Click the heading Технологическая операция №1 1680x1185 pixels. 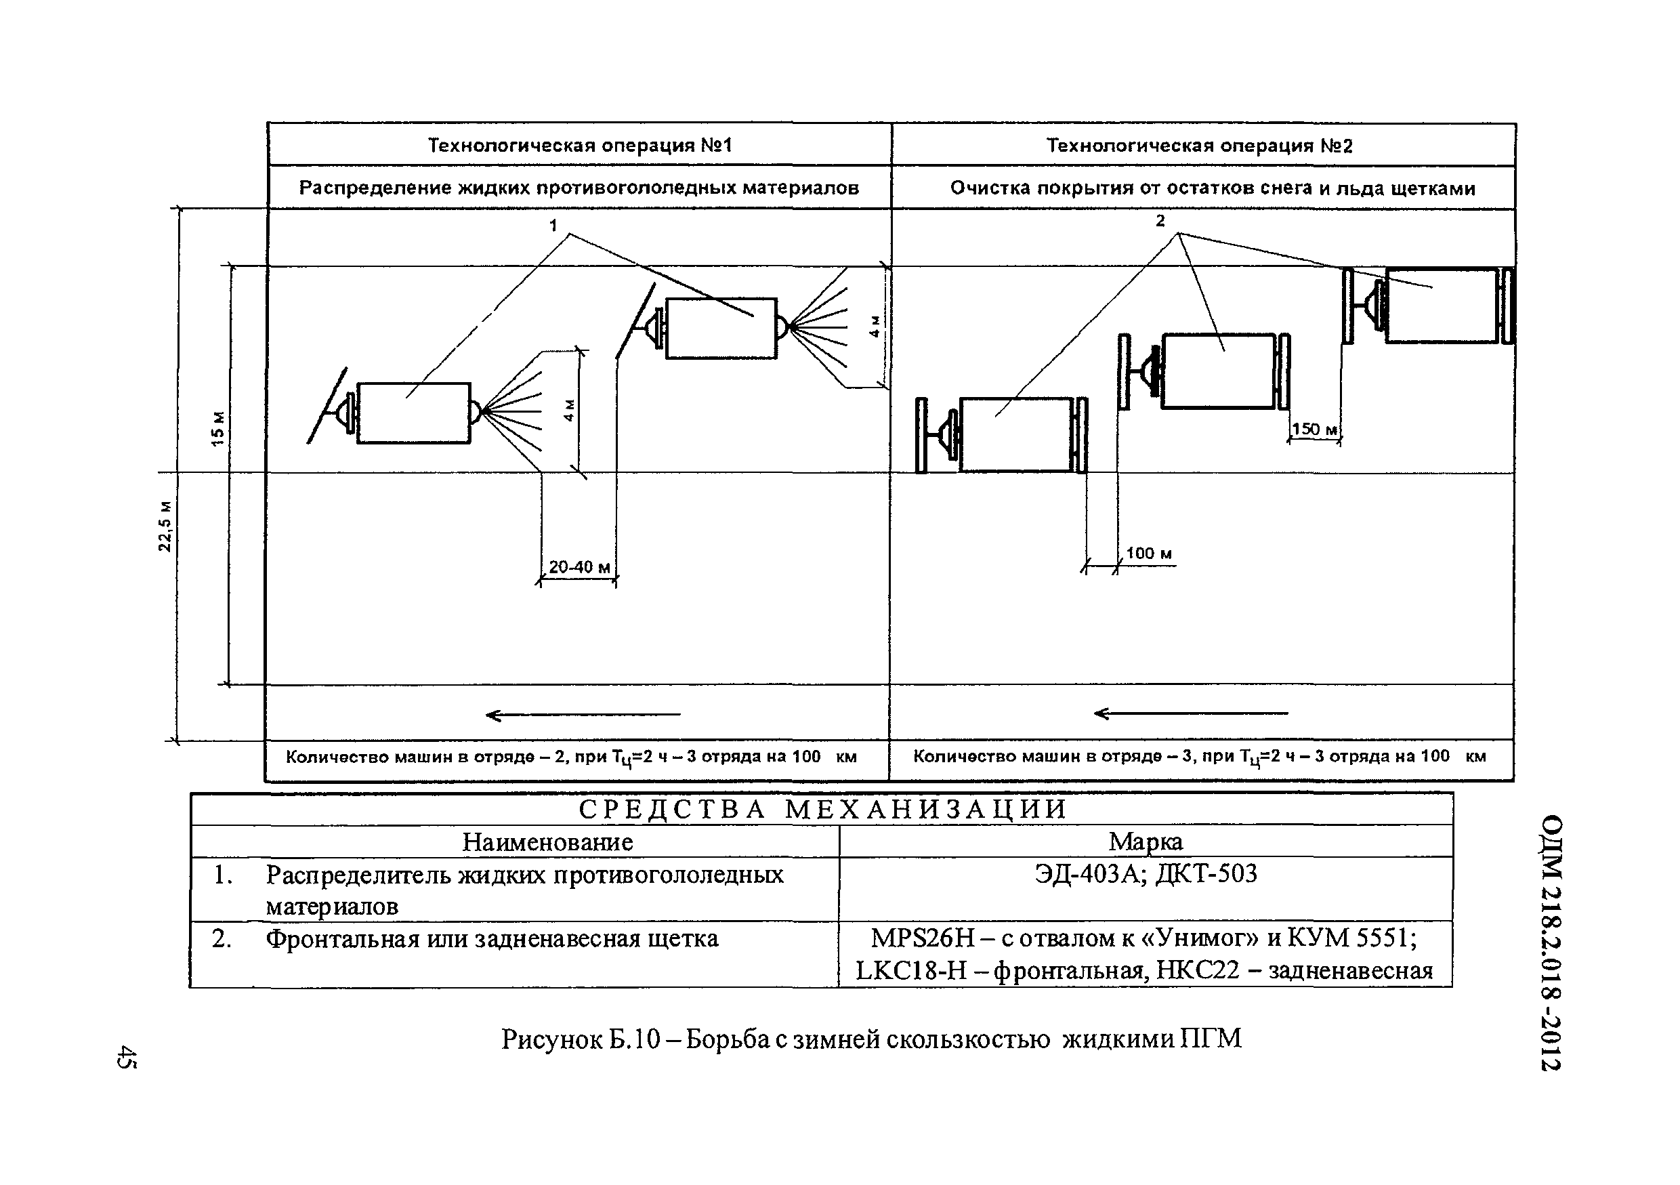point(579,146)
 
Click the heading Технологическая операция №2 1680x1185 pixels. point(1199,146)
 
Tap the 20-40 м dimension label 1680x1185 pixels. point(579,567)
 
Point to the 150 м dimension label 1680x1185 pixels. point(1315,430)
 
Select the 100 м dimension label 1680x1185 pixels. point(1148,554)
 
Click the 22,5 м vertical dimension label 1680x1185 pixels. point(165,526)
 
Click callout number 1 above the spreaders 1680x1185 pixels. point(553,226)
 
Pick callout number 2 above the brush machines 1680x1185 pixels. point(1160,220)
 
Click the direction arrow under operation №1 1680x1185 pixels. point(583,714)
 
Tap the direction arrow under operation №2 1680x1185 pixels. point(1190,713)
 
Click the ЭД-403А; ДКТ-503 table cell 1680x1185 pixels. point(1146,873)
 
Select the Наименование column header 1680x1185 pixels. point(547,841)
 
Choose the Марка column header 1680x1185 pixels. point(1145,842)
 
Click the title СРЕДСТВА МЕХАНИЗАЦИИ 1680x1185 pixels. point(823,809)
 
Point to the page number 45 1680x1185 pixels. point(125,1057)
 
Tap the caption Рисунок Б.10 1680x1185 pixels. point(582,1039)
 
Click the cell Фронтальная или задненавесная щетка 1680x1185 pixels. point(492,938)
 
